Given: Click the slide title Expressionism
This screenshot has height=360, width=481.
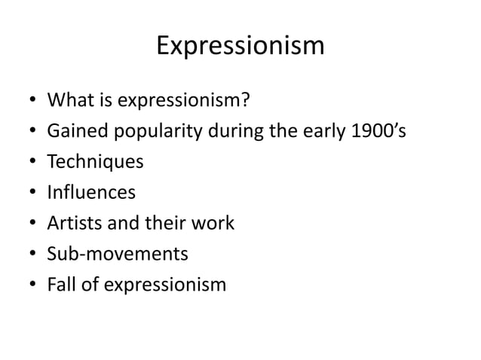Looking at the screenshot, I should pyautogui.click(x=240, y=47).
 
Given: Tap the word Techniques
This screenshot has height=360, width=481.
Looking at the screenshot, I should pyautogui.click(x=95, y=162).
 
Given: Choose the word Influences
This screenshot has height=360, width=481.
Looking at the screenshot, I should pyautogui.click(x=91, y=193).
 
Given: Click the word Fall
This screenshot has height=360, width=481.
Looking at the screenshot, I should pyautogui.click(x=63, y=285).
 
